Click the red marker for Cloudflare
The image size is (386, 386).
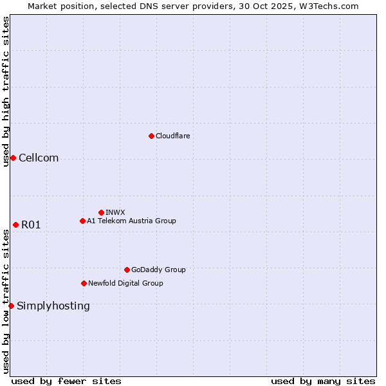151,136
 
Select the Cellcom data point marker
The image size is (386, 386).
13,158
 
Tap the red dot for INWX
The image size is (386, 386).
101,212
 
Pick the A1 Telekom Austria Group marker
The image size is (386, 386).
82,221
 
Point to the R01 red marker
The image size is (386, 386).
15,225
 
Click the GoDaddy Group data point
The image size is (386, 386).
127,270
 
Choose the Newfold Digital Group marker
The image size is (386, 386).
84,283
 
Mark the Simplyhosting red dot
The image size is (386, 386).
11,306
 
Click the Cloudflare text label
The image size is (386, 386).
172,136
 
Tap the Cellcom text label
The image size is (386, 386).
39,158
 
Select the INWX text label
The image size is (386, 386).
115,212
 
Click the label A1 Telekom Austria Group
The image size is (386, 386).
131,221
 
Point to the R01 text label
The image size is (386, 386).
31,225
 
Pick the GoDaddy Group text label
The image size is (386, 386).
158,270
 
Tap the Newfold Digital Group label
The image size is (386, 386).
125,283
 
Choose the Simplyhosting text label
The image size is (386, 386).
53,306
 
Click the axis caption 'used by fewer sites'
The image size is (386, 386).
66,381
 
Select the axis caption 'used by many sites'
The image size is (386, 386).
323,381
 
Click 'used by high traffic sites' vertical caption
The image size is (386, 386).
6,91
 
